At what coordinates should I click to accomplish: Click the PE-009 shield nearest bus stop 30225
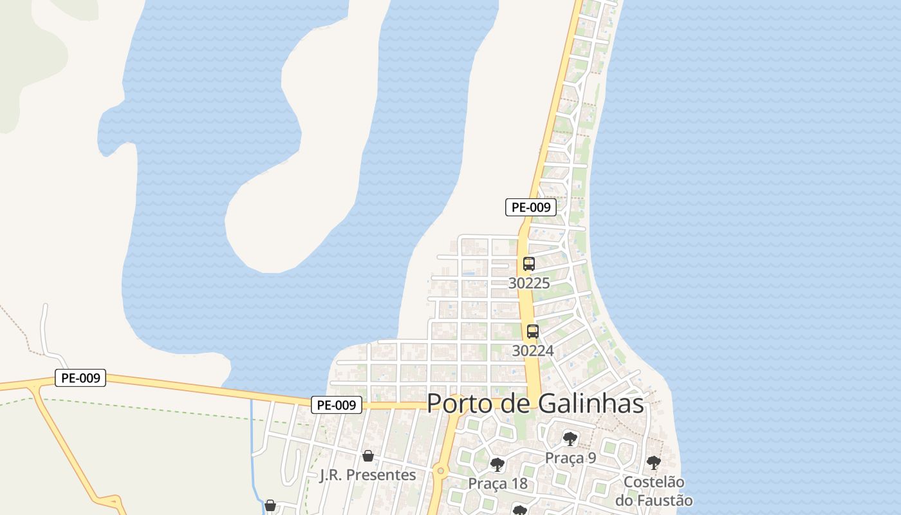click(x=530, y=207)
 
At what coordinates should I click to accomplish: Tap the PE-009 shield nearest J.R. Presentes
click(x=337, y=405)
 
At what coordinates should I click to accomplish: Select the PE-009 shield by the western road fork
click(x=80, y=378)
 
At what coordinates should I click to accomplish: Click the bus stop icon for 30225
click(x=529, y=264)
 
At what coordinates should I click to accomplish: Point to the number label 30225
click(x=529, y=283)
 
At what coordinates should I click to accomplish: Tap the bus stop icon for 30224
click(x=533, y=332)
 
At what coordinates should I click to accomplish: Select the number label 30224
click(x=533, y=351)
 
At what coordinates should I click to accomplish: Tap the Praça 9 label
click(x=570, y=458)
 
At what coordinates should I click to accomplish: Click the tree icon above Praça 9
click(x=570, y=439)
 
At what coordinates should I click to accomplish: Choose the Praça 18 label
click(x=497, y=483)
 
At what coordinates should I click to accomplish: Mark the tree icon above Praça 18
click(x=497, y=464)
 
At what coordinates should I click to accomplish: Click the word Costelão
click(x=654, y=482)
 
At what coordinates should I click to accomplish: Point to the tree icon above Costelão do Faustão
click(x=653, y=462)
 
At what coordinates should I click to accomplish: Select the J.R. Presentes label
click(x=368, y=475)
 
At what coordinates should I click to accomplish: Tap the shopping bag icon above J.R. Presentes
click(x=368, y=456)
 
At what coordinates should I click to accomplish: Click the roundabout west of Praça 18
click(x=441, y=471)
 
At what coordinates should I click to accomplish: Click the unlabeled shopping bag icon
click(x=270, y=505)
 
